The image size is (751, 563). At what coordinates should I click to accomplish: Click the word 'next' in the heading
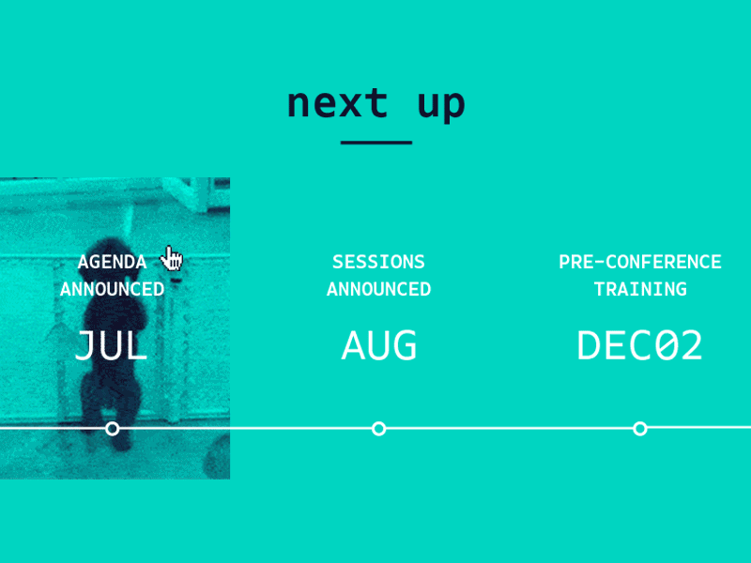pyautogui.click(x=337, y=103)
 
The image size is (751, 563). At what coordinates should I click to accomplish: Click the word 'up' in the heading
pyautogui.click(x=441, y=105)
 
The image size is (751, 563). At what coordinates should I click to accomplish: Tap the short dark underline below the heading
pyautogui.click(x=375, y=143)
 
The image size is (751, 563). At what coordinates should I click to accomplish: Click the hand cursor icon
pyautogui.click(x=172, y=258)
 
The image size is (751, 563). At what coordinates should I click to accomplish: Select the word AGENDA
pyautogui.click(x=112, y=262)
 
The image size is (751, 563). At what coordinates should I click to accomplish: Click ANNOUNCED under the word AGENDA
pyautogui.click(x=112, y=289)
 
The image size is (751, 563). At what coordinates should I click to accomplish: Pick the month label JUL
pyautogui.click(x=112, y=346)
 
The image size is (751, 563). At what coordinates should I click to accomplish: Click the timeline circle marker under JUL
pyautogui.click(x=113, y=429)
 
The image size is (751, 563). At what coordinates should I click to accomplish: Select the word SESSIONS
pyautogui.click(x=378, y=262)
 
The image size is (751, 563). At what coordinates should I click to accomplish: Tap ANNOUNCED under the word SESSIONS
pyautogui.click(x=378, y=289)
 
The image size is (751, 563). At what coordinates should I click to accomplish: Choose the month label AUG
pyautogui.click(x=378, y=346)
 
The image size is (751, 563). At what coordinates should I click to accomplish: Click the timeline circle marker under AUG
pyautogui.click(x=378, y=429)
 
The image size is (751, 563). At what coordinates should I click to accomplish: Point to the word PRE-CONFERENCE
pyautogui.click(x=639, y=262)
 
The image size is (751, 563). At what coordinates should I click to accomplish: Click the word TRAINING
pyautogui.click(x=639, y=289)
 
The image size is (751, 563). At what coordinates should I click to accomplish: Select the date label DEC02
pyautogui.click(x=639, y=346)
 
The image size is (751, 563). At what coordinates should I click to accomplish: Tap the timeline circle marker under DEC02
pyautogui.click(x=640, y=429)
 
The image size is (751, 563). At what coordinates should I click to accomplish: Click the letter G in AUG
pyautogui.click(x=405, y=346)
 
